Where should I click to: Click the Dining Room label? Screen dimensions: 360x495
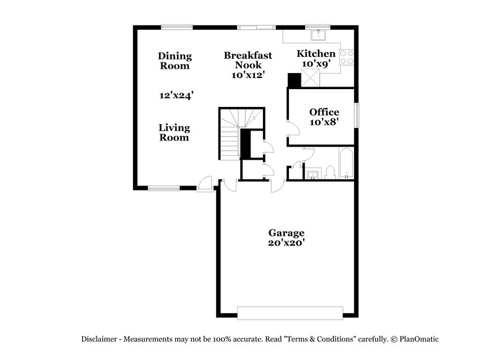pyautogui.click(x=174, y=61)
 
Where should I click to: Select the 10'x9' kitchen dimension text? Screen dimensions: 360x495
pyautogui.click(x=316, y=64)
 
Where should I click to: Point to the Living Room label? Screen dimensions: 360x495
pyautogui.click(x=174, y=132)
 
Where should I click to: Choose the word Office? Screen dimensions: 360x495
pyautogui.click(x=324, y=112)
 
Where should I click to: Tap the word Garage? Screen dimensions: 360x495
pyautogui.click(x=286, y=233)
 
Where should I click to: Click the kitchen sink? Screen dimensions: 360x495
pyautogui.click(x=321, y=35)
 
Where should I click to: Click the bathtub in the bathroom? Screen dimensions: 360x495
pyautogui.click(x=345, y=163)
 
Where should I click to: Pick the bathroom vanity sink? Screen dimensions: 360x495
pyautogui.click(x=312, y=174)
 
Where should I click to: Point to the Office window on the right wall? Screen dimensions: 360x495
pyautogui.click(x=356, y=115)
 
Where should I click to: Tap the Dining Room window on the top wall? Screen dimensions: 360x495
pyautogui.click(x=176, y=27)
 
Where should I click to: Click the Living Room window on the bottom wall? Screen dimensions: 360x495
pyautogui.click(x=163, y=188)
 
